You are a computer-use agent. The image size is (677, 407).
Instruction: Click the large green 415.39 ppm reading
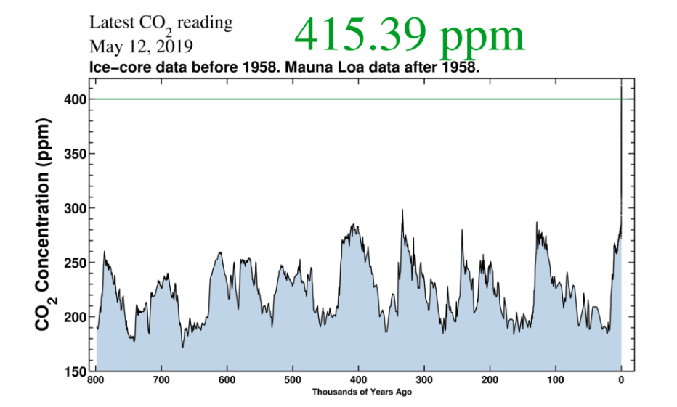(x=409, y=34)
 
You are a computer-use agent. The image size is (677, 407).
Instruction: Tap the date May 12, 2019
(x=141, y=47)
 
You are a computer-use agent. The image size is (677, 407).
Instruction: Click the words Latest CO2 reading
(x=161, y=23)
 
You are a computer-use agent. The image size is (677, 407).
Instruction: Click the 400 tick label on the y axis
(x=78, y=99)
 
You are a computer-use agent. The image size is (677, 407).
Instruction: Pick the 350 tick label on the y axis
(x=78, y=154)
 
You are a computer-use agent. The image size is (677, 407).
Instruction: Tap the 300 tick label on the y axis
(x=78, y=208)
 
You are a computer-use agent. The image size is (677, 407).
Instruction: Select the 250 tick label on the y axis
(x=78, y=263)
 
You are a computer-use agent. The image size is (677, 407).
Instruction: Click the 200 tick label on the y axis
(x=78, y=317)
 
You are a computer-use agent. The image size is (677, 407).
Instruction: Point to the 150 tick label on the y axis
(x=78, y=371)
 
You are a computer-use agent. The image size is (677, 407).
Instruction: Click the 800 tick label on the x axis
(x=96, y=380)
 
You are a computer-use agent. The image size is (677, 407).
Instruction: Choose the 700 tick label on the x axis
(x=161, y=380)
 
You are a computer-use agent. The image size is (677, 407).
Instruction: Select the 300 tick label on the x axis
(x=424, y=380)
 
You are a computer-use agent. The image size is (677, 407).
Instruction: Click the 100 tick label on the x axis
(x=555, y=380)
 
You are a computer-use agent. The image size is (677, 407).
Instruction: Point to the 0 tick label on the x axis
(x=621, y=380)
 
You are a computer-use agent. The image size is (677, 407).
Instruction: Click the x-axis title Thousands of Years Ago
(x=357, y=392)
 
